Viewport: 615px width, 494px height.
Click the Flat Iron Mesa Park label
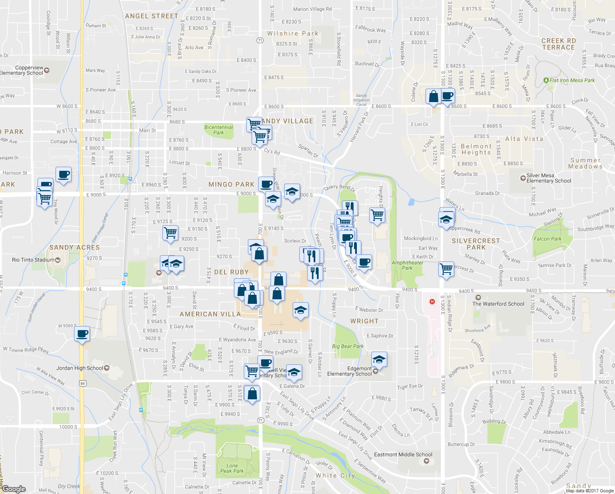(x=572, y=80)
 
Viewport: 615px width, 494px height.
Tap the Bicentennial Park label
(x=219, y=130)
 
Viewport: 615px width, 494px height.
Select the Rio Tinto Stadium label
(x=33, y=260)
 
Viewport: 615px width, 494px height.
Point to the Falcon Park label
(x=548, y=239)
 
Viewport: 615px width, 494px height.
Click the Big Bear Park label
(x=348, y=346)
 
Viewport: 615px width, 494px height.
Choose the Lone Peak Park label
(x=232, y=468)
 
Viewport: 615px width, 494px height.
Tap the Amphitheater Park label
(x=407, y=265)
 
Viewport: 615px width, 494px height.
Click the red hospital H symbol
(x=432, y=302)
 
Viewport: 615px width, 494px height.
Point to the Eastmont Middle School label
(x=403, y=454)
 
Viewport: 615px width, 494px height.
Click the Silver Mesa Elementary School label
(x=548, y=178)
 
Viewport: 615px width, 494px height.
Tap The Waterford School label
(x=498, y=304)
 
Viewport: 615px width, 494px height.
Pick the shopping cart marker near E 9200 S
(x=170, y=233)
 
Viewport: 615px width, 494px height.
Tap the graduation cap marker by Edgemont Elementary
(x=379, y=359)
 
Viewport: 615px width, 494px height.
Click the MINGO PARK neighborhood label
(x=231, y=184)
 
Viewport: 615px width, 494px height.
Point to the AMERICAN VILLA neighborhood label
(x=210, y=314)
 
